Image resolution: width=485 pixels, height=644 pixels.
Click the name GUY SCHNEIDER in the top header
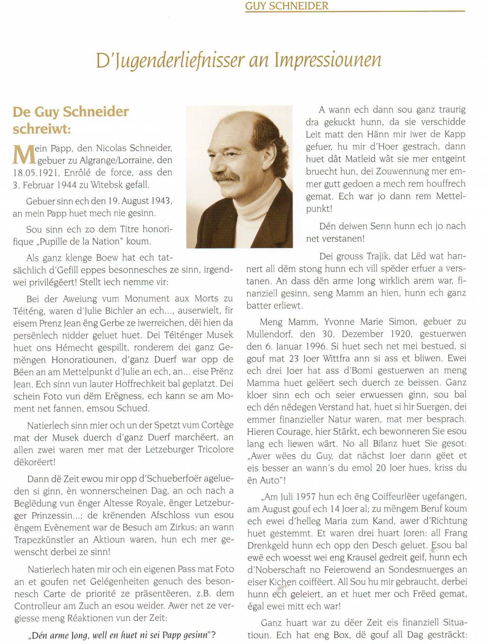[287, 6]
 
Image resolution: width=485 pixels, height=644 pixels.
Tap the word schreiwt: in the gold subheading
[42, 129]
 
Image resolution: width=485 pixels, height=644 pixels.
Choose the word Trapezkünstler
[44, 539]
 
